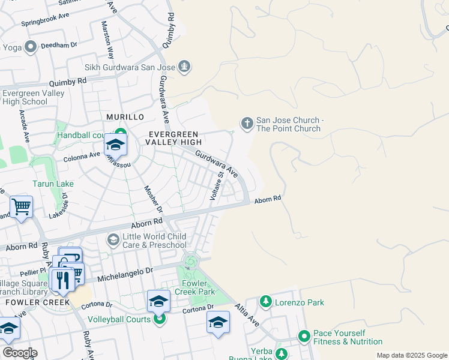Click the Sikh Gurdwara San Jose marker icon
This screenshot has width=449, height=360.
(x=184, y=67)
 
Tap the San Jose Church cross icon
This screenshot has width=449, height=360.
(x=247, y=124)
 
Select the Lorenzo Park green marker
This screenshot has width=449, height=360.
(x=265, y=302)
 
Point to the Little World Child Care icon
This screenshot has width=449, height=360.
(x=113, y=240)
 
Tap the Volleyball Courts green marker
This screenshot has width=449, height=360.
(x=160, y=319)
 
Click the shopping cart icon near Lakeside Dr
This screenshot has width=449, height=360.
(x=21, y=207)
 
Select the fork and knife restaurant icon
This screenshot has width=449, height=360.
(x=62, y=280)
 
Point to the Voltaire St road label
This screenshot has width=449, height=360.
(x=216, y=185)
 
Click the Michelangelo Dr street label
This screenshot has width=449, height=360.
(x=147, y=271)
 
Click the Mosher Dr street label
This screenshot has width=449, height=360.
(x=152, y=199)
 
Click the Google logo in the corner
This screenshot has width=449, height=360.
(x=19, y=353)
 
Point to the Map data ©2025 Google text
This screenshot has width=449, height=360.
(x=411, y=355)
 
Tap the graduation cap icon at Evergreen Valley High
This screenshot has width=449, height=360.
(x=115, y=145)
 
